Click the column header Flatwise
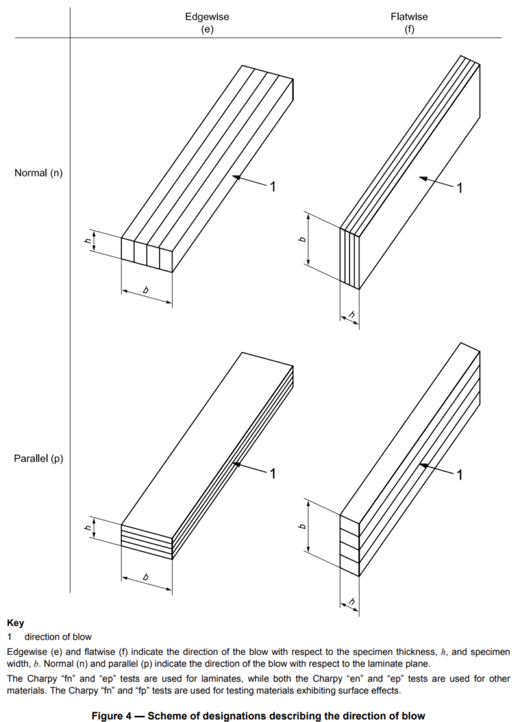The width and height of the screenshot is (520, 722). pos(409,16)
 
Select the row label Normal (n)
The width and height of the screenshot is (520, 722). pos(39,173)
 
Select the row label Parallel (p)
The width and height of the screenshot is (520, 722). pos(39,458)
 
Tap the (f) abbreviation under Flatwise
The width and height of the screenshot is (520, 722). pos(409,30)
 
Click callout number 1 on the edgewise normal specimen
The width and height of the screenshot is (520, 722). pos(272,187)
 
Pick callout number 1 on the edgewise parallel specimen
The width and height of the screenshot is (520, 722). pos(272,474)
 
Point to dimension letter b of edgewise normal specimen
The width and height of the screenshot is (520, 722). pos(146,290)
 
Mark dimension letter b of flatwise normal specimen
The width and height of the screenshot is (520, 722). pos(303,239)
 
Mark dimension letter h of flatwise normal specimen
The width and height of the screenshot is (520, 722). pos(350,314)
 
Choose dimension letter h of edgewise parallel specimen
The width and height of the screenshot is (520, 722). pos(88,529)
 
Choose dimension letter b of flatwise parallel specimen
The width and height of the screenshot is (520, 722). pos(303,526)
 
